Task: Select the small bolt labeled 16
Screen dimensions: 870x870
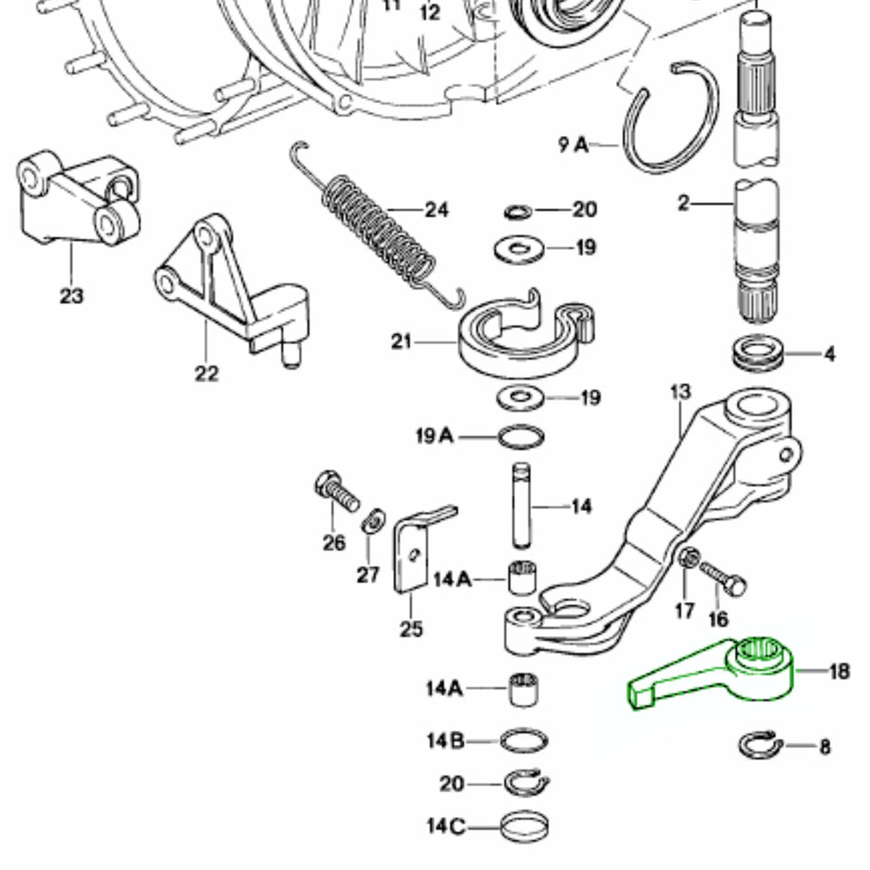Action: pyautogui.click(x=723, y=578)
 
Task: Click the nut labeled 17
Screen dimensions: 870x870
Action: pyautogui.click(x=687, y=560)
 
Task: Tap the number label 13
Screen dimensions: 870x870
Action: pyautogui.click(x=680, y=392)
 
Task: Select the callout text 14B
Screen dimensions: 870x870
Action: pyautogui.click(x=444, y=741)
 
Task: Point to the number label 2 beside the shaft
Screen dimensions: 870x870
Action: pyautogui.click(x=684, y=204)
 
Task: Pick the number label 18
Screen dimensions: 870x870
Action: pyautogui.click(x=839, y=671)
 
